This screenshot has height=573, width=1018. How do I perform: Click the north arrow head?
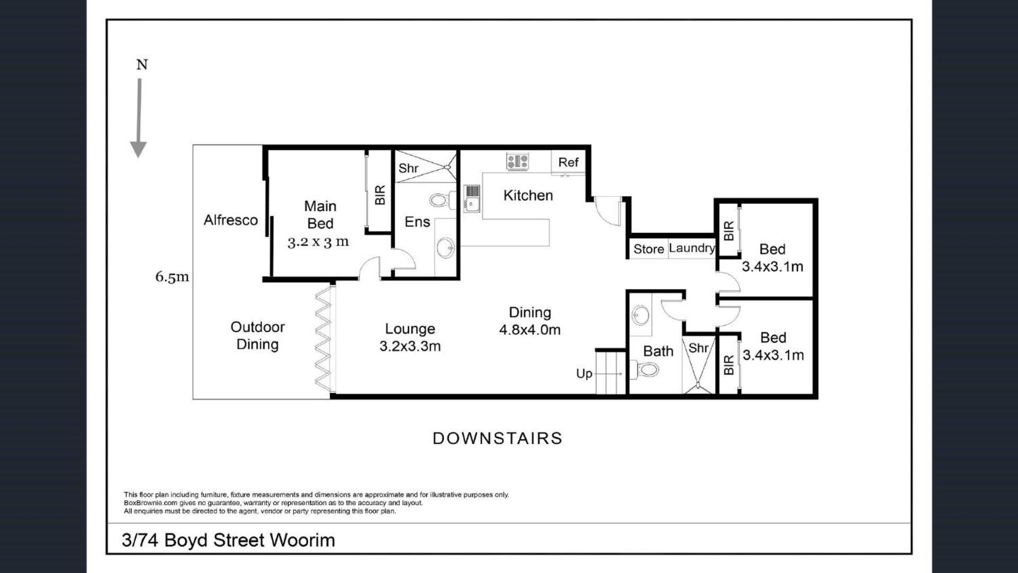(138, 150)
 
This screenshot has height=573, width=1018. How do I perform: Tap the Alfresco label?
(231, 220)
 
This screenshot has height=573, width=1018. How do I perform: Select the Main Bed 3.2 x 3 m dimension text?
(318, 242)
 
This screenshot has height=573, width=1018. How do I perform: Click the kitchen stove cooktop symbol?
(517, 161)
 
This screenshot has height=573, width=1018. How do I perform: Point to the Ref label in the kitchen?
(568, 162)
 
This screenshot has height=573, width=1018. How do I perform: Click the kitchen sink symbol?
(472, 198)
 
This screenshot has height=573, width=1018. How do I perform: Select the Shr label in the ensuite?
(408, 168)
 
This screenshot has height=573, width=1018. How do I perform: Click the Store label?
(649, 249)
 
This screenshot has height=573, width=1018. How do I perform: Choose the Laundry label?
(692, 248)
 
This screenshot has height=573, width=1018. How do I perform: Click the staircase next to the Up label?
(611, 373)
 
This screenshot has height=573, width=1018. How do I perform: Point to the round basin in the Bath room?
(640, 315)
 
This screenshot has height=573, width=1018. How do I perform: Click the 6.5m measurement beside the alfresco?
(172, 276)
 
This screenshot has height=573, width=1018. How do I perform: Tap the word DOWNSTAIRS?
(498, 438)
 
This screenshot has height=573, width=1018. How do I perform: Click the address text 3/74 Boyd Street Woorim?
(229, 540)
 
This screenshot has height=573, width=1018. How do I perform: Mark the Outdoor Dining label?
(257, 336)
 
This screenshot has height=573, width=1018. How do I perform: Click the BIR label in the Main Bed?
(380, 195)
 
